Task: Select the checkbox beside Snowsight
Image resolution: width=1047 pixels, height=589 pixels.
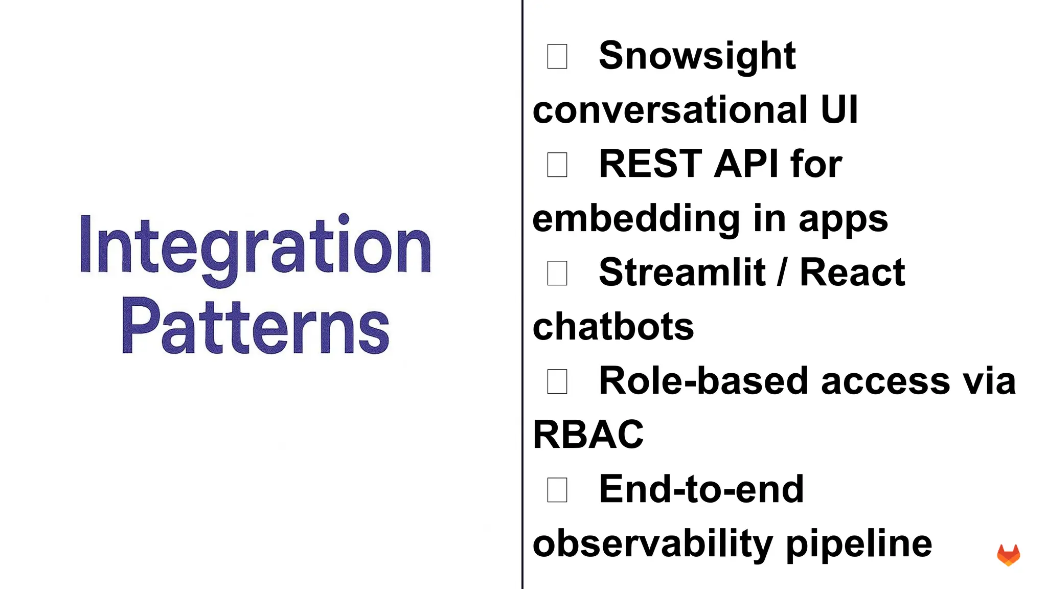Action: point(557,56)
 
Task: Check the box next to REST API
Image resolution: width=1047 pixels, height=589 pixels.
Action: point(557,165)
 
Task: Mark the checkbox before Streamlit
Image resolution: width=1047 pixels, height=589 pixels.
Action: point(557,273)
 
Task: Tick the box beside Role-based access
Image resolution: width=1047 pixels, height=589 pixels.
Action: point(557,381)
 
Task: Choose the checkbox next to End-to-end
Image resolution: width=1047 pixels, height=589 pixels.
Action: point(557,490)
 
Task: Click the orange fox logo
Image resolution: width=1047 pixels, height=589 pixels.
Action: point(1008,555)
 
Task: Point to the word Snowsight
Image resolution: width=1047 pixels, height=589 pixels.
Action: point(697,56)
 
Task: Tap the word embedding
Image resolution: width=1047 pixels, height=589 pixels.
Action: point(636,219)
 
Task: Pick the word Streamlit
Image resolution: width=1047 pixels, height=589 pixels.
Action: point(682,273)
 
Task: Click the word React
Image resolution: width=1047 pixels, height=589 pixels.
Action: point(852,273)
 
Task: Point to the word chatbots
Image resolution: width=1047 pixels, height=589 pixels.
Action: point(613,327)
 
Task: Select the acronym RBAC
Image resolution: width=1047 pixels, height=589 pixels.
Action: point(588,435)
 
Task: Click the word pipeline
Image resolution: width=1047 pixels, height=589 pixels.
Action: point(859,543)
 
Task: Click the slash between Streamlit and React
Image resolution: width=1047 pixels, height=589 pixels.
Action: point(782,273)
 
